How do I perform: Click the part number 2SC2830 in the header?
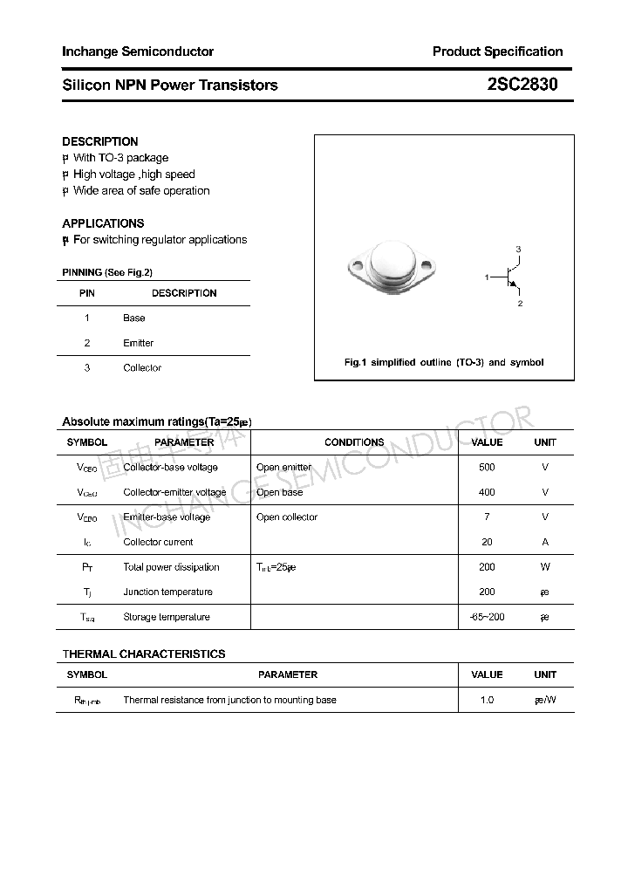point(522,85)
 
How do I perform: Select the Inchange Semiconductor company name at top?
point(138,51)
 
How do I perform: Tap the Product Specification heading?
point(497,51)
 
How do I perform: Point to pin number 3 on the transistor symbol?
point(518,250)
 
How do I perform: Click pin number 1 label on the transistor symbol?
point(487,277)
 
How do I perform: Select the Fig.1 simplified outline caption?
point(444,362)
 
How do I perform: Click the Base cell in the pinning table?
point(134,318)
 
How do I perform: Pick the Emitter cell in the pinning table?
point(138,343)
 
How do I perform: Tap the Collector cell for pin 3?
point(142,368)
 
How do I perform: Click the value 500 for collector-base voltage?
point(487,468)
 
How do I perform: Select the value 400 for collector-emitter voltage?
point(487,492)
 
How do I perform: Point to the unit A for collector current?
point(545,542)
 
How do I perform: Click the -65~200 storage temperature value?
point(487,617)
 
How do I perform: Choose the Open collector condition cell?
point(287,517)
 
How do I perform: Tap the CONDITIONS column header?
point(354,442)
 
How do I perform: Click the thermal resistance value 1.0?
point(487,700)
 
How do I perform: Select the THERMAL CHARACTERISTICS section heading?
point(144,654)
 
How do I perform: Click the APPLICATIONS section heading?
point(103,223)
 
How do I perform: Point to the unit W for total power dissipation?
point(545,567)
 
